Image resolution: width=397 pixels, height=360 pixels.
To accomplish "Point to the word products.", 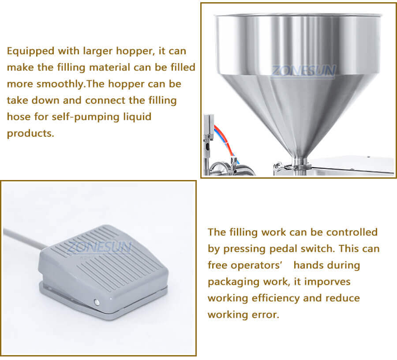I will coord(30,134).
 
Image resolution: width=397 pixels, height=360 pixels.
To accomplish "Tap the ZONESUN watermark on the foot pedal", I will coord(99,248).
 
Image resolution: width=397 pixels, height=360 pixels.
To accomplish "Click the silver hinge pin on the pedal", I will coord(96,302).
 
